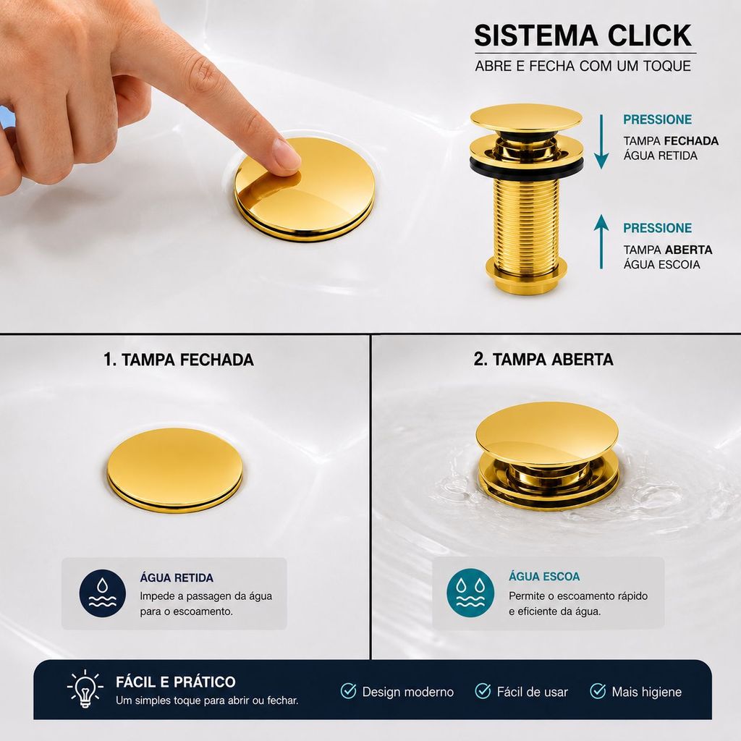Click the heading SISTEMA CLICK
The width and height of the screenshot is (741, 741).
[583, 35]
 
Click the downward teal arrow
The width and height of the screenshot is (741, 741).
[601, 141]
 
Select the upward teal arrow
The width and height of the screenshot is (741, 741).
[601, 242]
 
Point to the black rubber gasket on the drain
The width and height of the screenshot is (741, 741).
[527, 167]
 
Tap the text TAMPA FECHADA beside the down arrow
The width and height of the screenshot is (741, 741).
[671, 141]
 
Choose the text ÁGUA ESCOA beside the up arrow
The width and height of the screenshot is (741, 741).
[661, 265]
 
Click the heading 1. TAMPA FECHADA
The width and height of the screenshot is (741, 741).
[179, 360]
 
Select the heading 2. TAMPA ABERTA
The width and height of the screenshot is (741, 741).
[543, 360]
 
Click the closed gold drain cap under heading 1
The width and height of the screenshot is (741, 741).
[175, 469]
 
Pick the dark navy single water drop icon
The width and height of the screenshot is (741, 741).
[103, 593]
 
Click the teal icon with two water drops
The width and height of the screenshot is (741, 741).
[470, 593]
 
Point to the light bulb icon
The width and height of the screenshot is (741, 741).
[85, 689]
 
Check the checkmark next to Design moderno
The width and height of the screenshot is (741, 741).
[348, 691]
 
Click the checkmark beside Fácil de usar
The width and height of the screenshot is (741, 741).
[483, 691]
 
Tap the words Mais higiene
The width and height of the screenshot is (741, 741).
[646, 692]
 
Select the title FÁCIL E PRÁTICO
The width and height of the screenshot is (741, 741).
[176, 682]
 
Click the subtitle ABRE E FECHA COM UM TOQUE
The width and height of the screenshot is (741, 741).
[583, 66]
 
